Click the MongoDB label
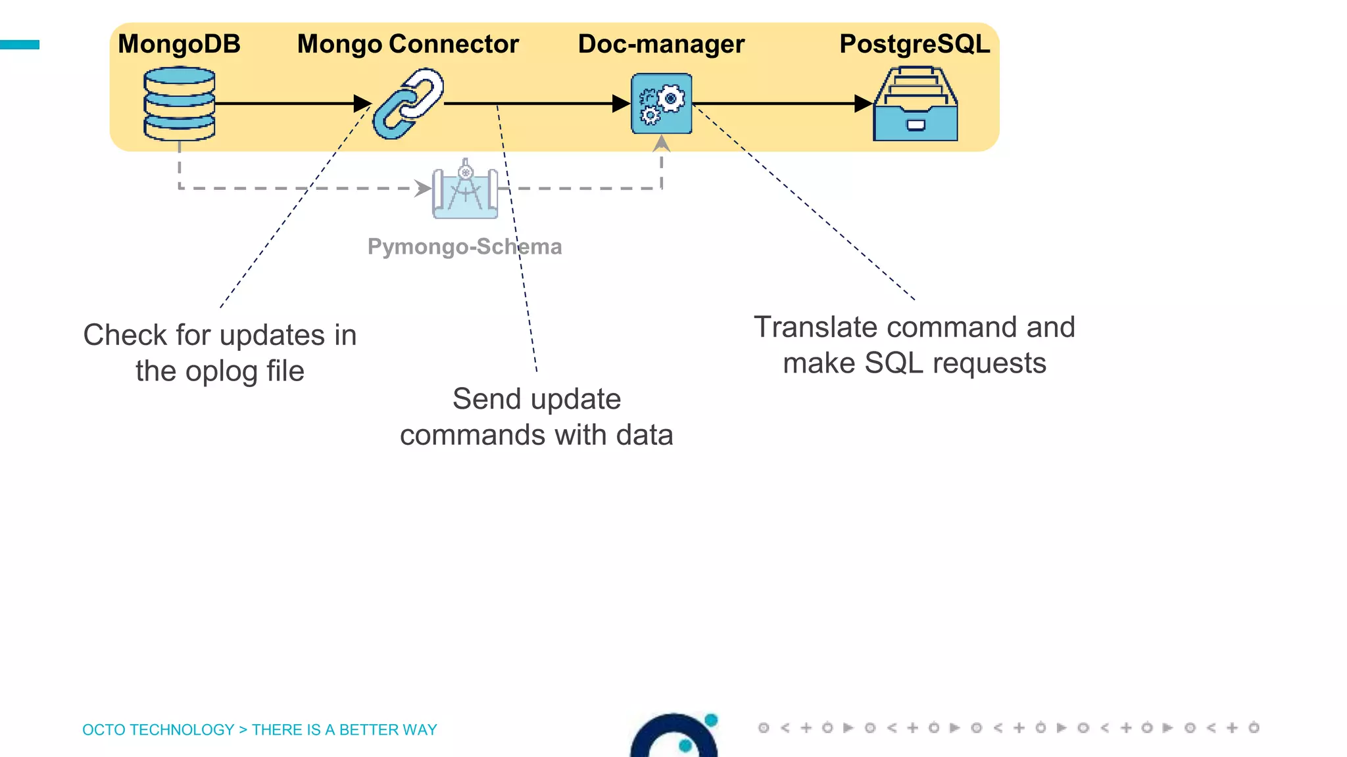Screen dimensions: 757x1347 click(179, 44)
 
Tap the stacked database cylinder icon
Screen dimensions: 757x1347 click(179, 104)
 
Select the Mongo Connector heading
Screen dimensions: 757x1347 click(408, 44)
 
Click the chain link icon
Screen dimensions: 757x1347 click(408, 104)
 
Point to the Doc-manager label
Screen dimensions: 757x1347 click(661, 44)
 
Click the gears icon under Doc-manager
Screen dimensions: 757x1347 click(662, 104)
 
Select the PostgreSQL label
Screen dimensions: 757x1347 click(914, 44)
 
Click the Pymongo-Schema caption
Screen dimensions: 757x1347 click(464, 246)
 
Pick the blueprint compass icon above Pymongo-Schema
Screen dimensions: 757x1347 click(465, 190)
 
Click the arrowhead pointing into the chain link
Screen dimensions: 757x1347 click(362, 104)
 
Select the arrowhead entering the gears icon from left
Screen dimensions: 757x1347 click(620, 104)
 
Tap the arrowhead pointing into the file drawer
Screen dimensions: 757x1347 click(863, 104)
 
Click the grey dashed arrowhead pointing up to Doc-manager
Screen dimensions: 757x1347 click(662, 143)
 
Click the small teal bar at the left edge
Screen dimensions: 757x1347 click(20, 45)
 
